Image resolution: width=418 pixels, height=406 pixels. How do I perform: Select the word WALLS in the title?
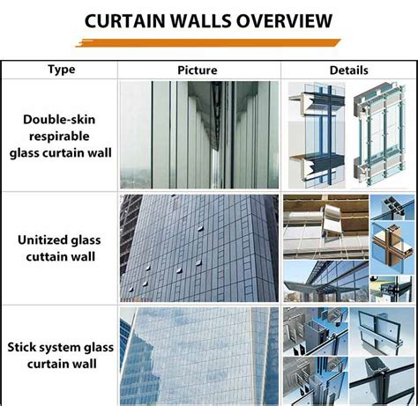click(x=205, y=19)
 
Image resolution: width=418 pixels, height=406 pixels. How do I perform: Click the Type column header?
click(x=60, y=70)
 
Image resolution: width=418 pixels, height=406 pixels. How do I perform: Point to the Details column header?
click(x=348, y=70)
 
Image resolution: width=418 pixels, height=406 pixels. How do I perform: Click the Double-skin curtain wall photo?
click(x=198, y=135)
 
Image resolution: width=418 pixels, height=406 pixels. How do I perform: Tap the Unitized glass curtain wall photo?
click(x=198, y=247)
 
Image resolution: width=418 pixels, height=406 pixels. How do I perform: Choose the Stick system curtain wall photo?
click(x=198, y=356)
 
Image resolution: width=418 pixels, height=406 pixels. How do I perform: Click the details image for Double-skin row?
click(x=349, y=135)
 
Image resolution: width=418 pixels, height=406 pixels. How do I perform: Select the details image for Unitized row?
click(x=349, y=247)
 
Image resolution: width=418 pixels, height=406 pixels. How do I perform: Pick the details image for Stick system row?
click(x=349, y=356)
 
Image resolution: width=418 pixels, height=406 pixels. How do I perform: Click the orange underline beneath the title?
click(x=208, y=41)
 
